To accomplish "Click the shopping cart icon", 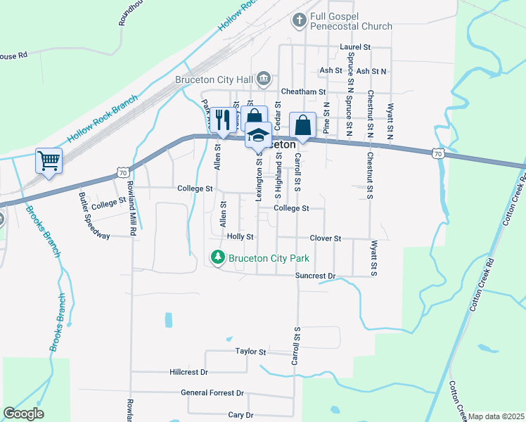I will [49, 160].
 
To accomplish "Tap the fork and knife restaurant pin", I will [223, 120].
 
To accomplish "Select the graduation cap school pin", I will [258, 134].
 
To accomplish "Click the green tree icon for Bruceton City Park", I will [218, 258].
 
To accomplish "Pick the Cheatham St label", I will [304, 91].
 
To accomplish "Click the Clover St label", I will [325, 238].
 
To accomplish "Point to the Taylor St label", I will [251, 351].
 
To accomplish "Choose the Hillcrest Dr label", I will [189, 371].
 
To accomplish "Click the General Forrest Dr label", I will [212, 392].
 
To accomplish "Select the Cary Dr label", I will [240, 415].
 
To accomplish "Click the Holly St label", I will [240, 236].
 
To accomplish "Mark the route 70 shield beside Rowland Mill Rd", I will [123, 172].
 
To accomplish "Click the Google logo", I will [23, 414].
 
